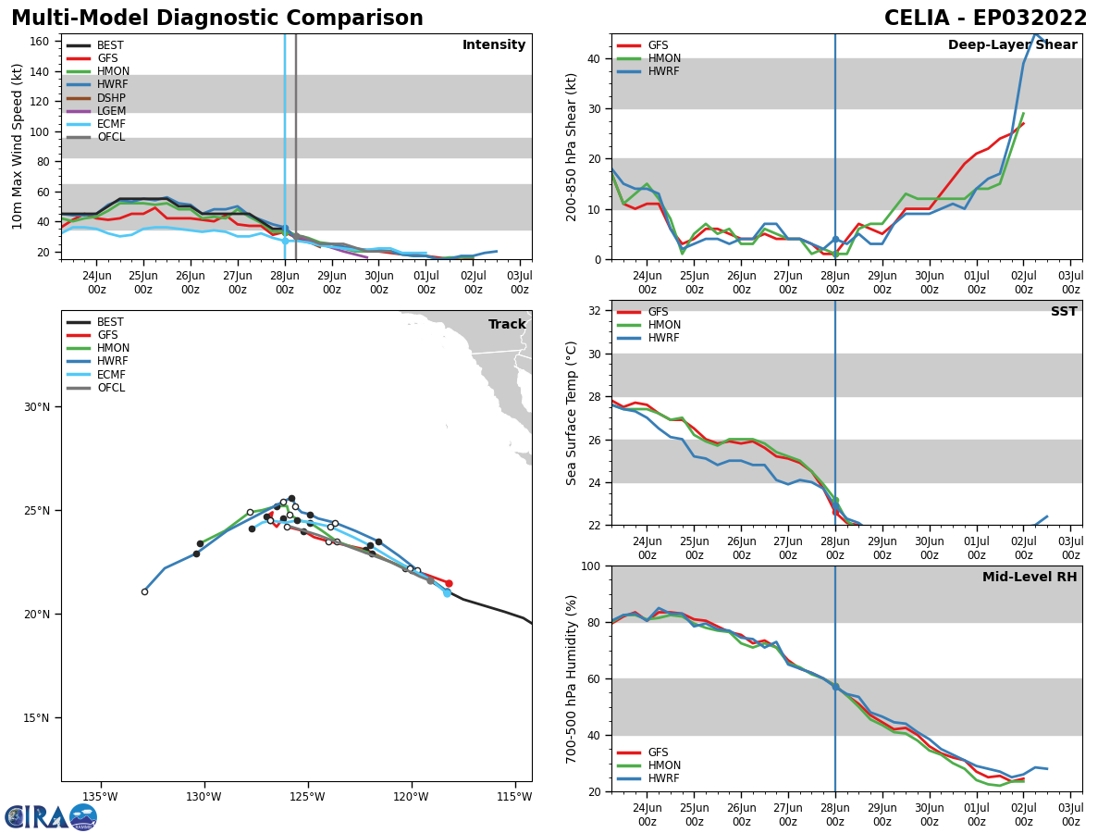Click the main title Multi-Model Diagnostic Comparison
(216, 19)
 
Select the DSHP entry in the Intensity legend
(111, 98)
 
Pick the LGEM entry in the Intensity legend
(111, 111)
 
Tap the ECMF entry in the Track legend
(111, 375)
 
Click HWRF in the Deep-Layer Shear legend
(664, 71)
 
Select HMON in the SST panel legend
(664, 325)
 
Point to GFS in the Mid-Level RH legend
(659, 752)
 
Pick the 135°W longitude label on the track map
(100, 797)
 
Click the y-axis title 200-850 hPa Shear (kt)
(573, 146)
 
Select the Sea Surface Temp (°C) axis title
(573, 413)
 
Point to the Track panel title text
(507, 325)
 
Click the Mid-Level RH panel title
(1030, 578)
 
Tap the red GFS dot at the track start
(449, 583)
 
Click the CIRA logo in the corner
(51, 817)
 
